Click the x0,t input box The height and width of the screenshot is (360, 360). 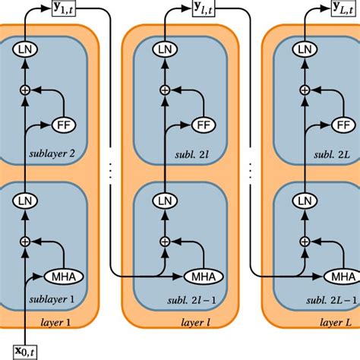27,351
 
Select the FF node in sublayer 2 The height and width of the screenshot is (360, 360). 65,124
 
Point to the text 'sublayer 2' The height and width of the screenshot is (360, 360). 52,156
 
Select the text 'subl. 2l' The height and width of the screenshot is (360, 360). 197,156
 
